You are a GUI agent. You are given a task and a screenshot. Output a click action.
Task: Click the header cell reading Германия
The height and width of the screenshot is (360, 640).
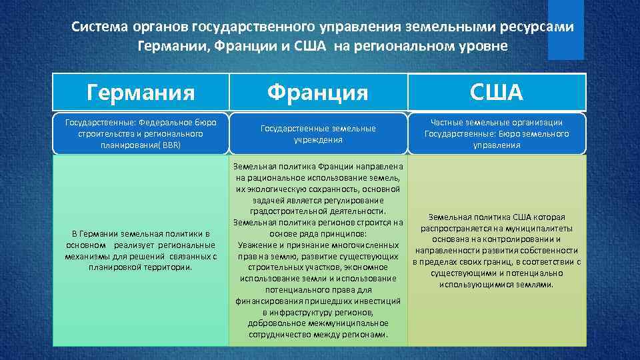(x=141, y=92)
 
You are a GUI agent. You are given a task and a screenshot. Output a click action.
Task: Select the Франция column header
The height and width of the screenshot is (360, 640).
(x=318, y=92)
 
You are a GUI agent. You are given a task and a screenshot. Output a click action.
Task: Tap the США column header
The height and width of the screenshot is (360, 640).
(x=497, y=92)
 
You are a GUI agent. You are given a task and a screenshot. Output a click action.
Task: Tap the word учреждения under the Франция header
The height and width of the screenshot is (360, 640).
(x=318, y=140)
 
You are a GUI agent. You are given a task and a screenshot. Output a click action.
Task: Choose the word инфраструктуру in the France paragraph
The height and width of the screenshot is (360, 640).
(x=303, y=312)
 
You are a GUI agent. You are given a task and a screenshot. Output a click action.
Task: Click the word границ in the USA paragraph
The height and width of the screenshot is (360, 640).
(x=504, y=262)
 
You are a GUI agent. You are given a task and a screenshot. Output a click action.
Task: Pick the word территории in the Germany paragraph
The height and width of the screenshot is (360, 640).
(x=167, y=267)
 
